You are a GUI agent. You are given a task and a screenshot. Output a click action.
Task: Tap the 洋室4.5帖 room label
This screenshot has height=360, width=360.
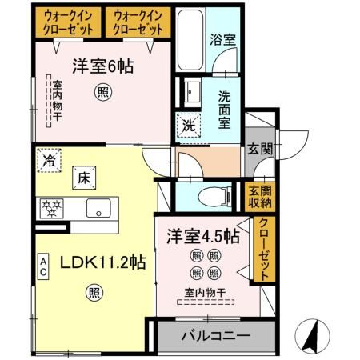[x=202, y=237]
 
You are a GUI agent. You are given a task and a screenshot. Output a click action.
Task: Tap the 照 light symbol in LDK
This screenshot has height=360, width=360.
[x=95, y=292]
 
